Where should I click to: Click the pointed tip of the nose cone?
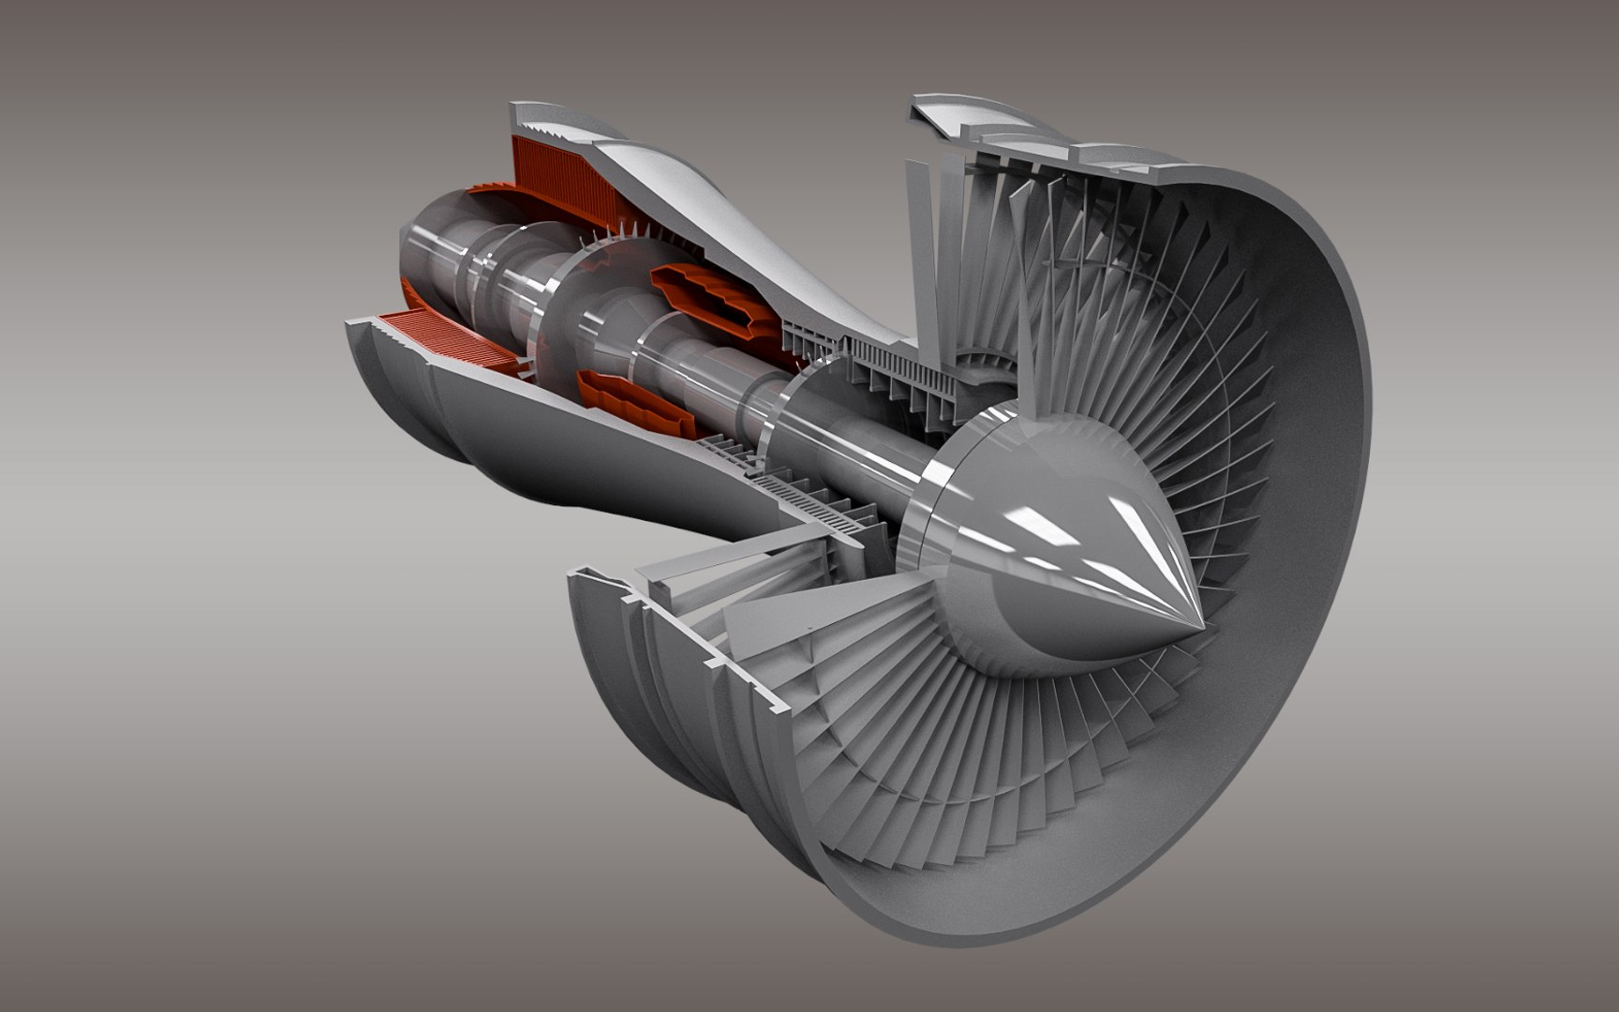pos(1201,625)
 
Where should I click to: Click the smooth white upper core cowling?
pos(750,234)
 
